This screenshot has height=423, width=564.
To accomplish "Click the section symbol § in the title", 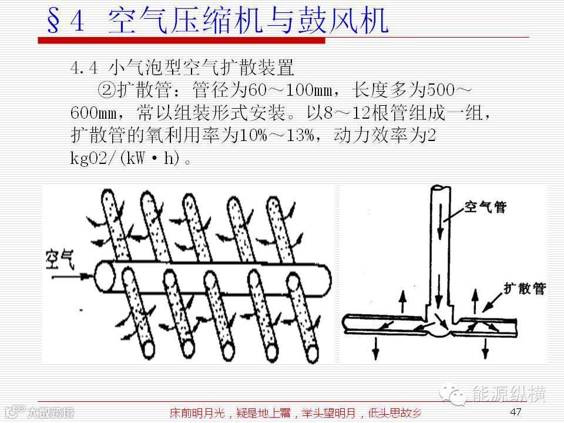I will pos(55,21).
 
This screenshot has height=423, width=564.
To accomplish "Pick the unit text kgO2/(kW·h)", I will pos(125,158).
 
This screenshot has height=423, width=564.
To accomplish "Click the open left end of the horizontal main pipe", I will pos(105,277).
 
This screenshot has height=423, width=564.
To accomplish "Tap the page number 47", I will pos(516,411).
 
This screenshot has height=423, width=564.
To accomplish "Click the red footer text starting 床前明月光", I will pos(294,412).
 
